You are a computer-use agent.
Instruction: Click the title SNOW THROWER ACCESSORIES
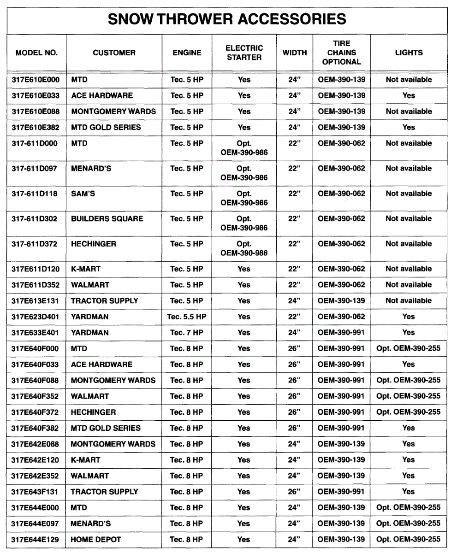(227, 19)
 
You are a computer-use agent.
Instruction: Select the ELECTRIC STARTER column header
(244, 53)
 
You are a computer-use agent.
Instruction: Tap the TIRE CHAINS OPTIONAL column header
(341, 53)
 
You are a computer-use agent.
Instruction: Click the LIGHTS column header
(409, 53)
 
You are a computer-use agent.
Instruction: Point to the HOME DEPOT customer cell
(95, 539)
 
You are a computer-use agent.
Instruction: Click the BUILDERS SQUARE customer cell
(107, 218)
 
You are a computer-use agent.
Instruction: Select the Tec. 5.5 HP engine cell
(187, 317)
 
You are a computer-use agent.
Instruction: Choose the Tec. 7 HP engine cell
(187, 332)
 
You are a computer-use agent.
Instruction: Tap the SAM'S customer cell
(83, 194)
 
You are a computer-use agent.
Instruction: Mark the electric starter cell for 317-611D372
(244, 248)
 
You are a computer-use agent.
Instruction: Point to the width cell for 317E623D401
(294, 317)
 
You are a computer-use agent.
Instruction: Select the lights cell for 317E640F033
(409, 364)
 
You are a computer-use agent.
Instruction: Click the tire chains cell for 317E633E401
(341, 332)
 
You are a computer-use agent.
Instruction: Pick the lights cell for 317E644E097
(409, 523)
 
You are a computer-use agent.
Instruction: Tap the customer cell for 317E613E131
(104, 300)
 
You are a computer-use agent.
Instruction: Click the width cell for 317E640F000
(294, 348)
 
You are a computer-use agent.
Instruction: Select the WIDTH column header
(294, 53)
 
